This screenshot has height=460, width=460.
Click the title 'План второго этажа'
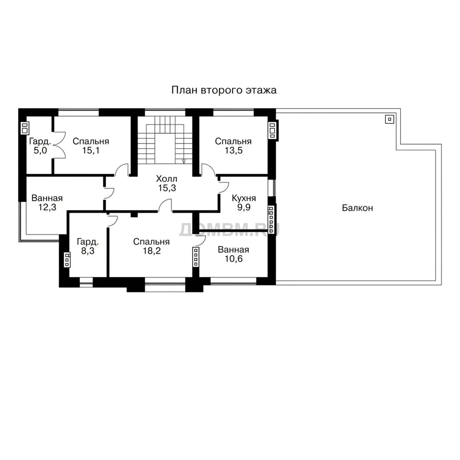(224, 90)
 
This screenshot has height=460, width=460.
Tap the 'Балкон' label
(357, 208)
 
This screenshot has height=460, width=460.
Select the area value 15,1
(91, 150)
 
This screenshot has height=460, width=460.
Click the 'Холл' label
(167, 179)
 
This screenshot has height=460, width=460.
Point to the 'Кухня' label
(244, 198)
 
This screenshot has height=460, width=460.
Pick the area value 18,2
(152, 251)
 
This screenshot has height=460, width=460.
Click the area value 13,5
(234, 150)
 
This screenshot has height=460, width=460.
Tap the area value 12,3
(47, 207)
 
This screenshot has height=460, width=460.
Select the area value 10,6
(234, 259)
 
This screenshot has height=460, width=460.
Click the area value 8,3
(88, 251)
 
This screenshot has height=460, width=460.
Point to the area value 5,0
(40, 150)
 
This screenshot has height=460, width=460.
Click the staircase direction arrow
(184, 161)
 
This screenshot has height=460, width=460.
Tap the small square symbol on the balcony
(389, 119)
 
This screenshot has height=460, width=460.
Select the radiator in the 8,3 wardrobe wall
(67, 260)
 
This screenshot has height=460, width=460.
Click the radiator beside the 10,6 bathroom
(196, 257)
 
